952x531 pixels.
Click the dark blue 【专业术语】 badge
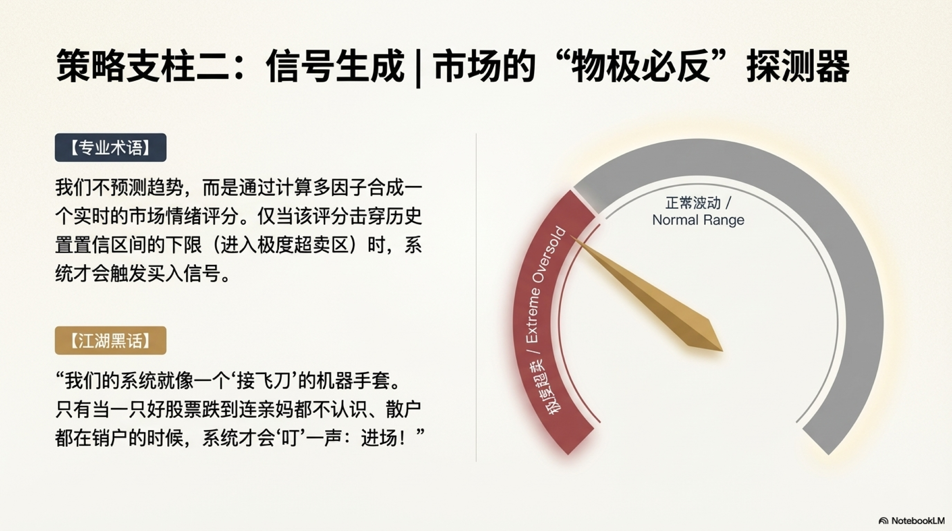point(111,147)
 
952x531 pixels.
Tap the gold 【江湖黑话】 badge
point(111,340)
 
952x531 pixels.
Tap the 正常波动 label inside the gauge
point(693,203)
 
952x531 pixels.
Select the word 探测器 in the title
point(798,67)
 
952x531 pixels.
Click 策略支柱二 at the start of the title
point(142,67)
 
